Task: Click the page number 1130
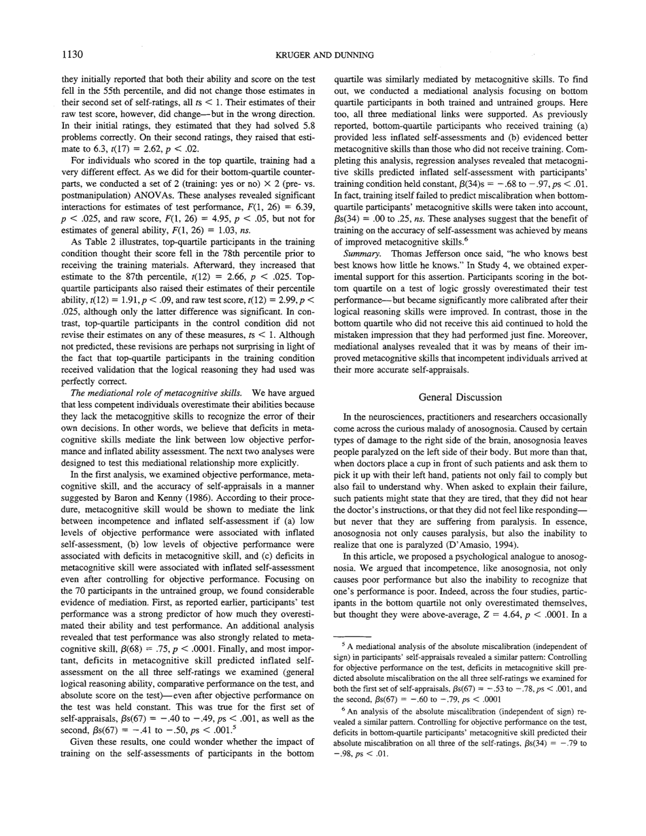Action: [x=74, y=54]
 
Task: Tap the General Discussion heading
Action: [x=460, y=397]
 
